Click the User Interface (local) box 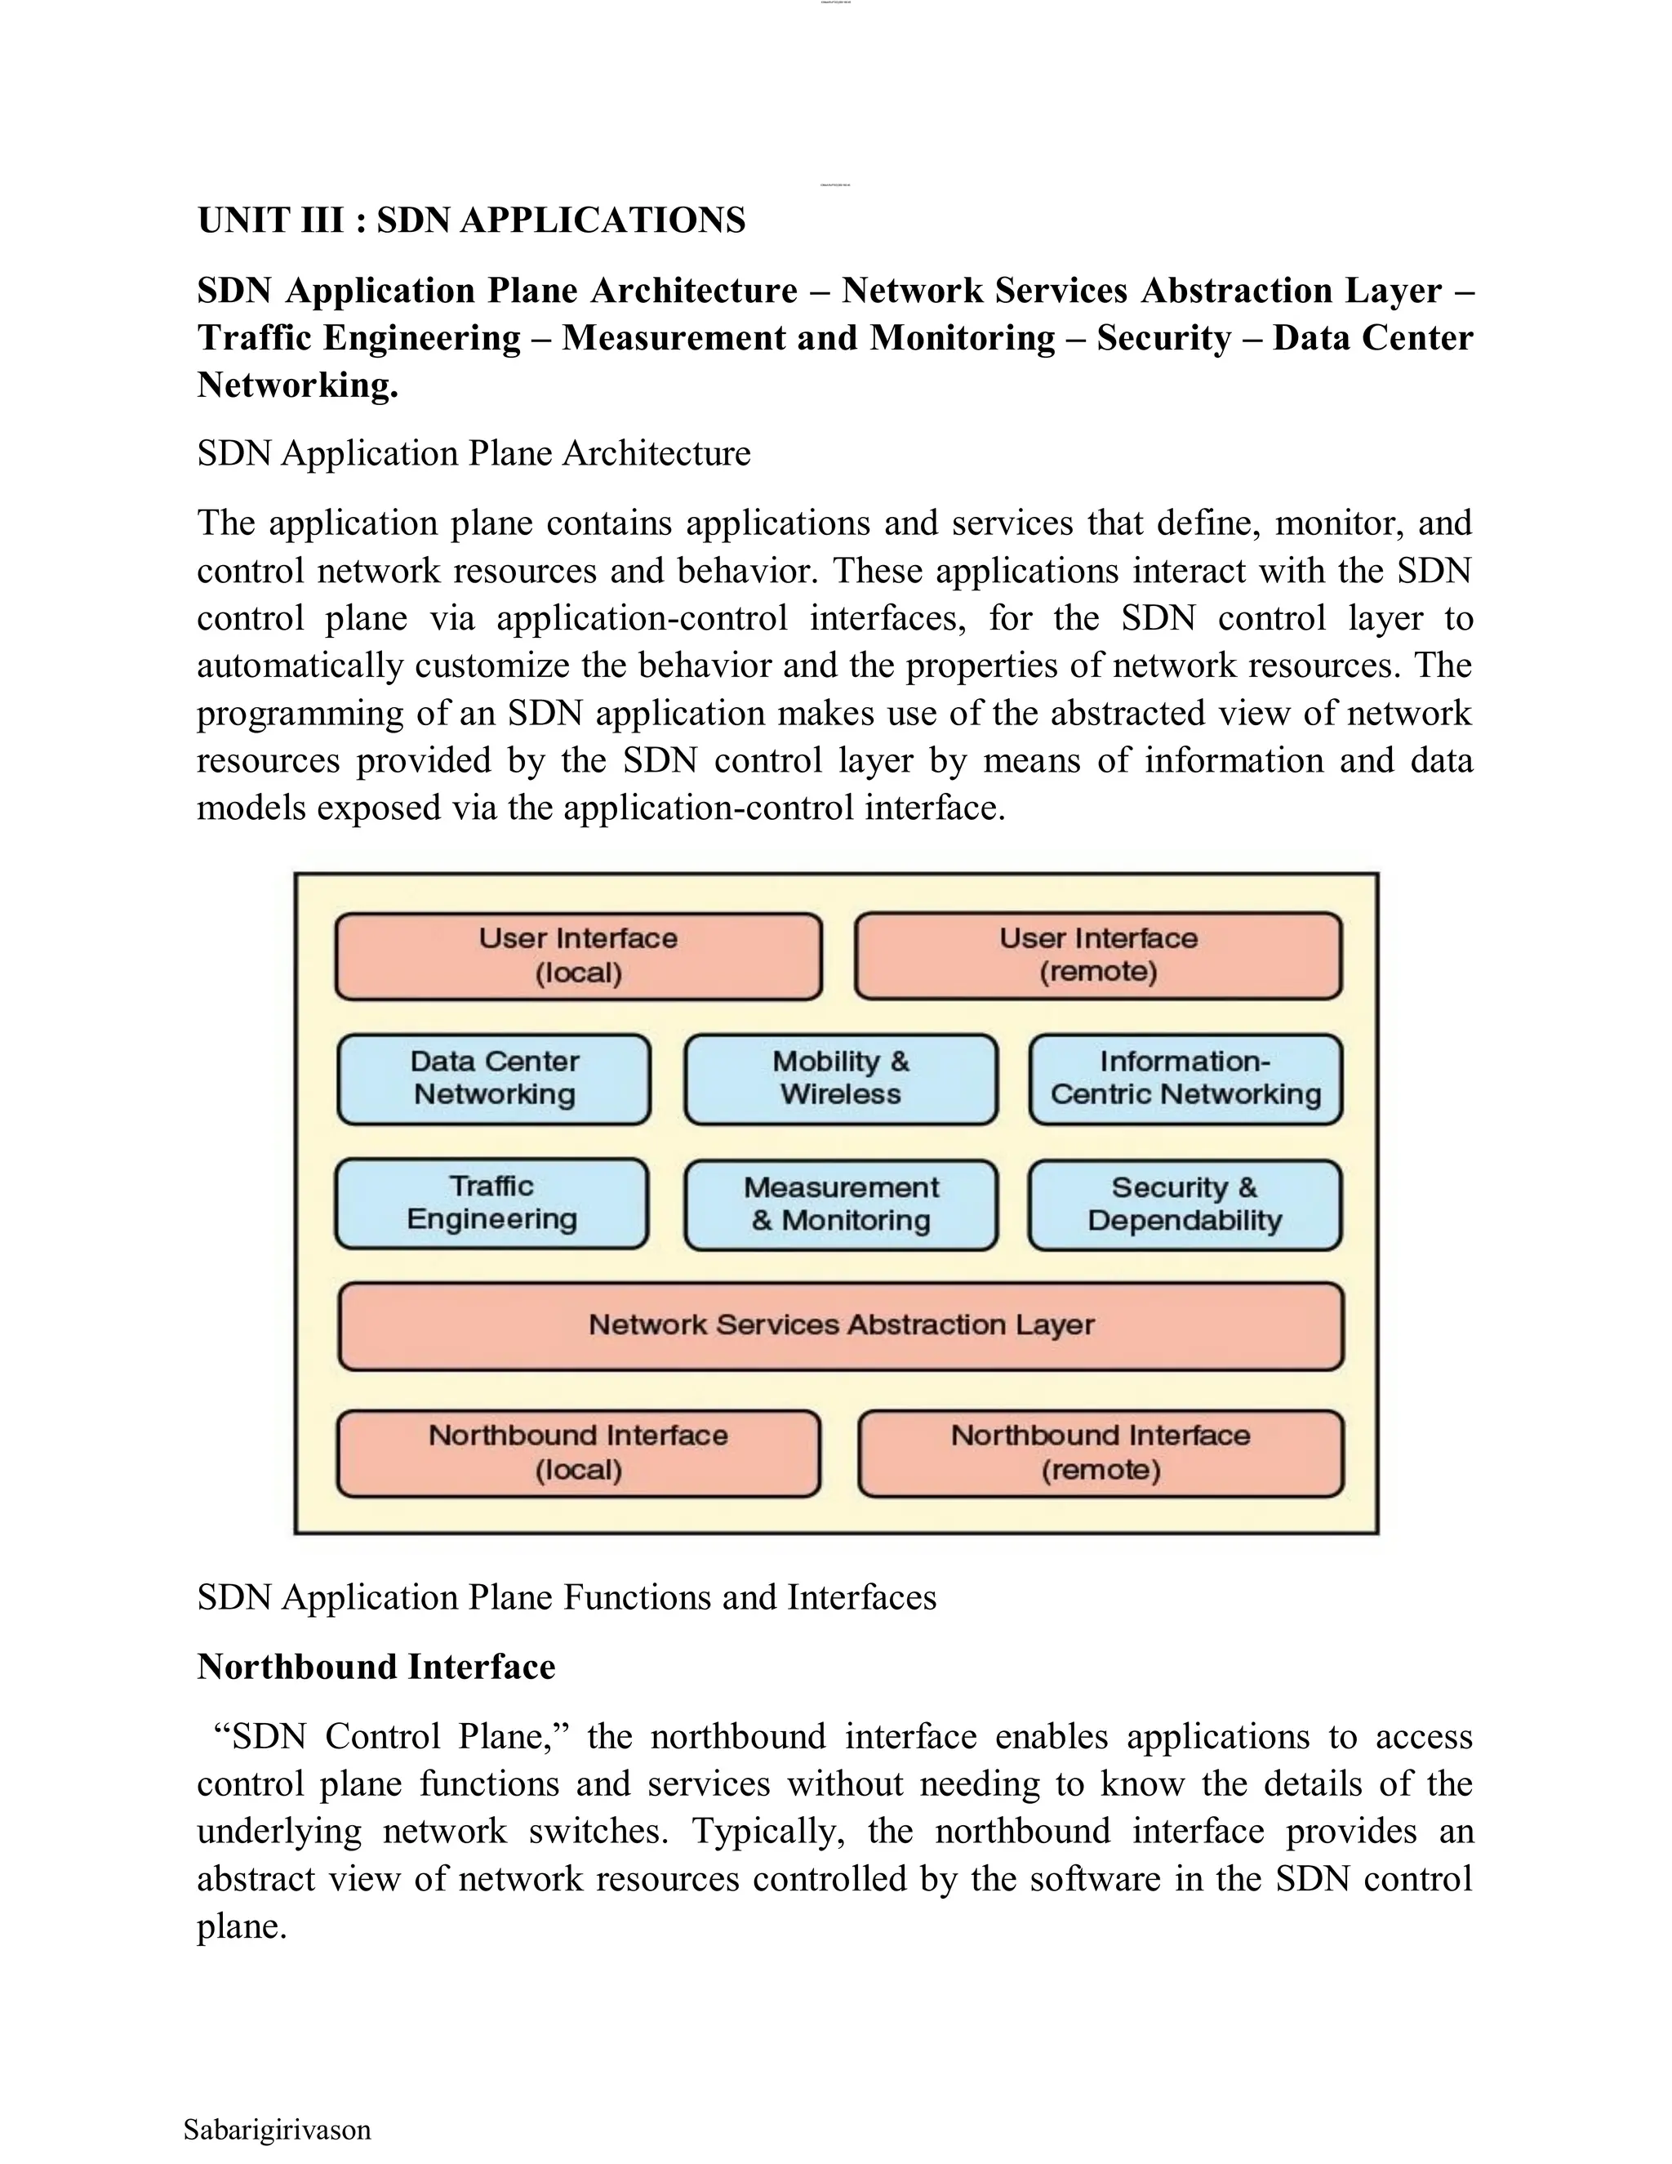coord(579,956)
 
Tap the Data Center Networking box coord(494,1078)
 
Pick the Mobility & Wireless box coord(840,1078)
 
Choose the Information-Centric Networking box coord(1185,1078)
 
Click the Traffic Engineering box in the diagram coord(491,1203)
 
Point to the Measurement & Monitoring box coord(840,1204)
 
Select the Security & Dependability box coord(1185,1204)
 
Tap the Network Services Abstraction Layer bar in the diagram coord(840,1325)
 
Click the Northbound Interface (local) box coord(579,1453)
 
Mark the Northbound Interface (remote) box coord(1100,1453)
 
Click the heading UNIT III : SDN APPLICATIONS coord(472,220)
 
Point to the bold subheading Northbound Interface coord(376,1667)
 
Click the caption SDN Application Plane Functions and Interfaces coord(567,1597)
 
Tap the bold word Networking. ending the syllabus coord(297,385)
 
